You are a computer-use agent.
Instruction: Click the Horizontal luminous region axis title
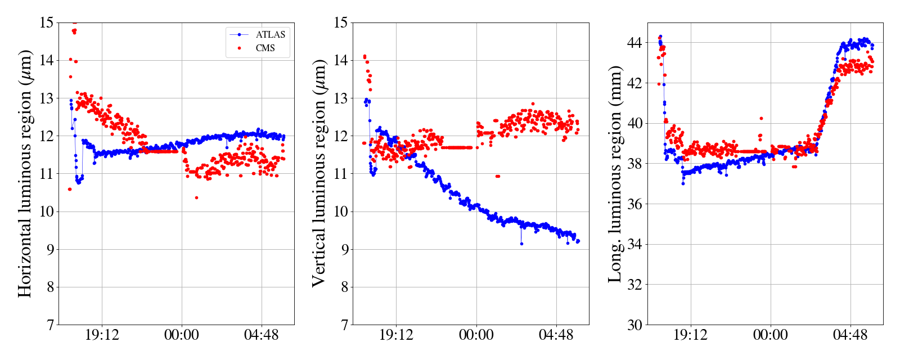(25, 173)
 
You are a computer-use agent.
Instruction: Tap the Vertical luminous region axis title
(318, 173)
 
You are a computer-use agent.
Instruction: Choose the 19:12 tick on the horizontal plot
(102, 335)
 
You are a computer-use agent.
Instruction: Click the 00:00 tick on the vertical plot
(476, 335)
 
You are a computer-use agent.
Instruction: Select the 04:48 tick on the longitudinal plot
(850, 335)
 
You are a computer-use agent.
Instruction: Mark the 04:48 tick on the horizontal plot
(261, 335)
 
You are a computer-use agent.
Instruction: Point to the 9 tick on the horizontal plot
(50, 249)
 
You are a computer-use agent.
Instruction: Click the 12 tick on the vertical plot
(341, 136)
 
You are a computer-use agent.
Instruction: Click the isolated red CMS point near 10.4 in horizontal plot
(196, 197)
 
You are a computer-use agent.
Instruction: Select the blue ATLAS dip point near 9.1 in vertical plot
(521, 244)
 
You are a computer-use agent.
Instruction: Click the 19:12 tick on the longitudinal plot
(690, 335)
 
